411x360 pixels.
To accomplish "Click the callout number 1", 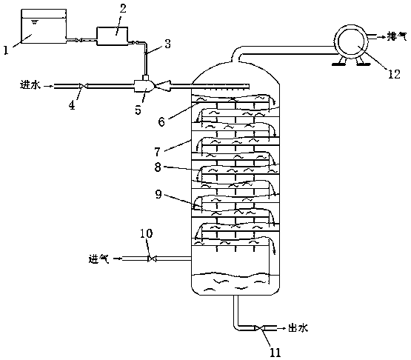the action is [6, 50].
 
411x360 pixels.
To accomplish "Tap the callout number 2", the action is [123, 8].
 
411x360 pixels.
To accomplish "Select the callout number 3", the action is [168, 44].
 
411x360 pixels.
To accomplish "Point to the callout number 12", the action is [394, 74].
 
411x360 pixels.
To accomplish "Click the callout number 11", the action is [275, 353].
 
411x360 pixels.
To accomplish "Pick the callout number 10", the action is [147, 233].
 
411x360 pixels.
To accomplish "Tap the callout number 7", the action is [157, 152].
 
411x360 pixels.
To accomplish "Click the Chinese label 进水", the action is [30, 85].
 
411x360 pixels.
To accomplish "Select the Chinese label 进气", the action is [98, 259].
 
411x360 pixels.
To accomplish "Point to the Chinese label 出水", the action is [298, 328].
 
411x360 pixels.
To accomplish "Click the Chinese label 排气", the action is [397, 37].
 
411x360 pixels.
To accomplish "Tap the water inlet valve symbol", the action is [84, 86].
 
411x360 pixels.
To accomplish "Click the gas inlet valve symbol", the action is [152, 259].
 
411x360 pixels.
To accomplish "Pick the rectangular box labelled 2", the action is [113, 36].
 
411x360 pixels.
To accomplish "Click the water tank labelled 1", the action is [44, 26].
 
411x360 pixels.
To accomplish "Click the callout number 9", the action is [158, 194].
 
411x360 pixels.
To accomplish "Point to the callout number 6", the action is [161, 121].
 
